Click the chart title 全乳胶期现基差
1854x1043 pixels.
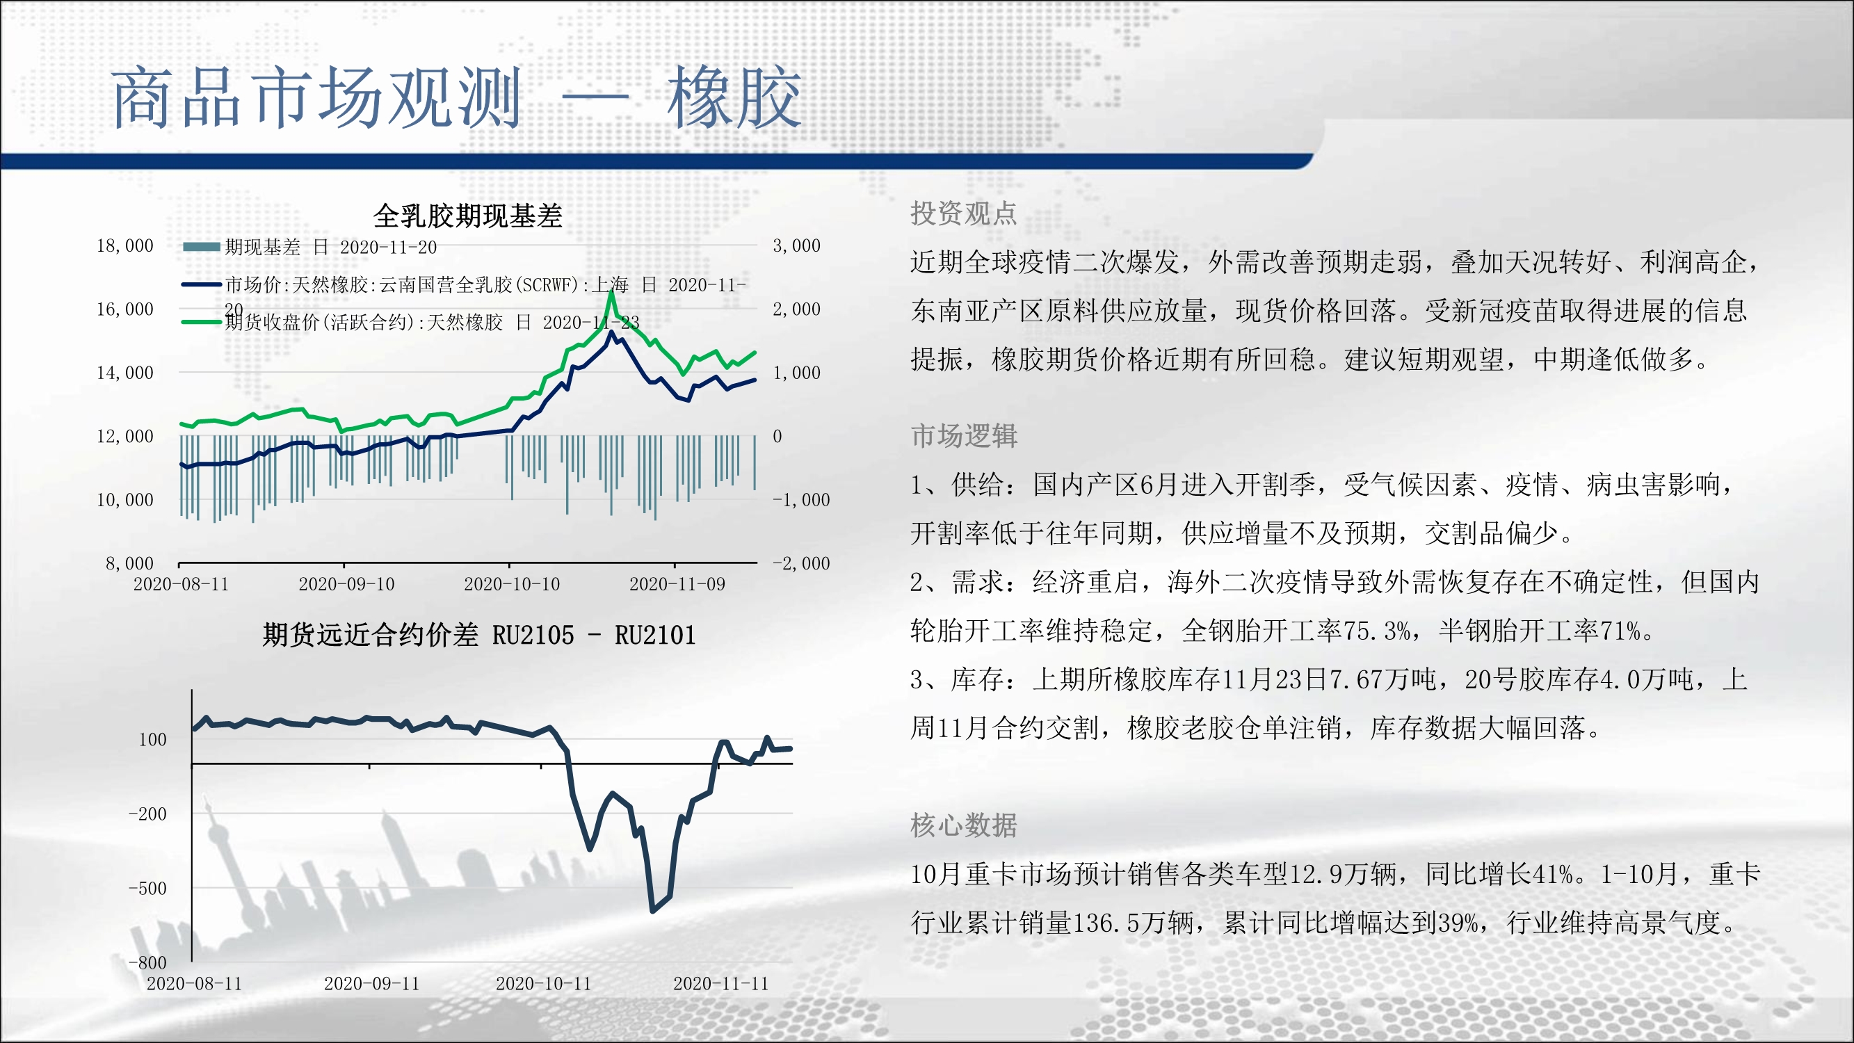pos(468,216)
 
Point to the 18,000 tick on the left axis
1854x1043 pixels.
pos(125,245)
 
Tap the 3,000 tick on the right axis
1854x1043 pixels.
pos(797,245)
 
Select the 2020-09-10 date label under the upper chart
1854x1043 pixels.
pos(347,584)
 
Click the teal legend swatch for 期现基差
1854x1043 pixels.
pos(202,247)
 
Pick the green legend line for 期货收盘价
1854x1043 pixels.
pos(202,322)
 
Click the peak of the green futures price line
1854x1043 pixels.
pos(611,291)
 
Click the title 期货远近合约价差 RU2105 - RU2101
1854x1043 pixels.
pos(479,635)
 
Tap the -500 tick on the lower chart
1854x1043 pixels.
pos(147,888)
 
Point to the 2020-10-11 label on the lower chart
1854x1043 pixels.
pos(543,983)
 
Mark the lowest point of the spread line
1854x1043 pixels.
pos(653,912)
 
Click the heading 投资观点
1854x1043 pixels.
pos(964,213)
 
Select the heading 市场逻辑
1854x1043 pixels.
pos(964,435)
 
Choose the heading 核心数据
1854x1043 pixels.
pos(964,825)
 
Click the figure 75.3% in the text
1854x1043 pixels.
pos(1378,631)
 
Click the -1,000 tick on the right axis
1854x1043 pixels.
pos(801,499)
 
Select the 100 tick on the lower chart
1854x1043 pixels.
pos(152,739)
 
